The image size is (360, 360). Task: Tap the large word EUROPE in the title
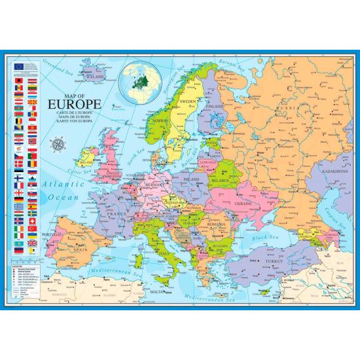pos(74,105)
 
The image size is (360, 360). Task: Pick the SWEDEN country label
pos(188,102)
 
